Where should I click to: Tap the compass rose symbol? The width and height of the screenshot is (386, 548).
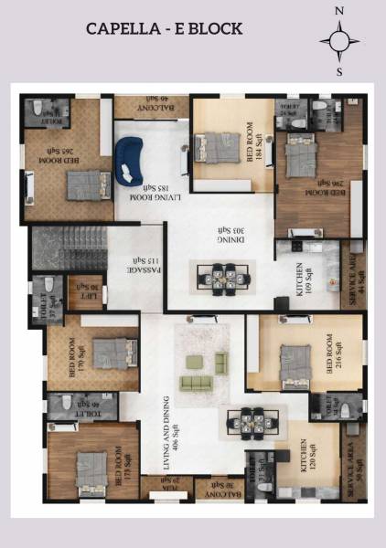339,41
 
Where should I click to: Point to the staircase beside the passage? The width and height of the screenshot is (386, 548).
69,247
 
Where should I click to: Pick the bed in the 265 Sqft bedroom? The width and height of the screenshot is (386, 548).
83,184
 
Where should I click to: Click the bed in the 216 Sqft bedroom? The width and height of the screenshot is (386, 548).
295,359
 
